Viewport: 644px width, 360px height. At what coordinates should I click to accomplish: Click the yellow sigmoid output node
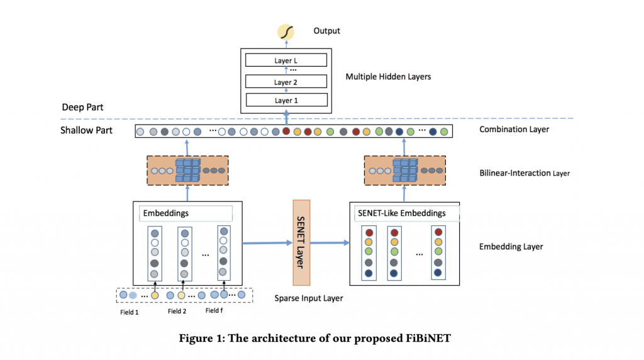[x=286, y=32]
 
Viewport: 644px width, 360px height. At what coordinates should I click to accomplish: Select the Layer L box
[x=286, y=60]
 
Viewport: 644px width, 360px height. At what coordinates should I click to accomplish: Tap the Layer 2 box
[x=286, y=81]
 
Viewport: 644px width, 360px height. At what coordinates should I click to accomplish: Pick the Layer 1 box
[x=287, y=100]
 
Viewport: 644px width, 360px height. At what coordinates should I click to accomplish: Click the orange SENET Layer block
[x=301, y=242]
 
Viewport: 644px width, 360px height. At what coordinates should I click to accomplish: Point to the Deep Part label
[x=82, y=107]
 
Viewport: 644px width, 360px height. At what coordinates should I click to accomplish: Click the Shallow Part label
[x=86, y=130]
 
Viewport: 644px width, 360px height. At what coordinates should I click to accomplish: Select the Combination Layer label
[x=514, y=130]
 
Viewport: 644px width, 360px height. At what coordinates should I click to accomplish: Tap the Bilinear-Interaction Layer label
[x=525, y=173]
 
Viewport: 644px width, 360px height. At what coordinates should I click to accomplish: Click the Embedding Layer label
[x=511, y=247]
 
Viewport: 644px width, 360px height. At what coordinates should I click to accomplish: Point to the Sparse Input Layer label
[x=308, y=298]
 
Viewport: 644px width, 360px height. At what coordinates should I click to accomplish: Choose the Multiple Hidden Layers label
[x=388, y=77]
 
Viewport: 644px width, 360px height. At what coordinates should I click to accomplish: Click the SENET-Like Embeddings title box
[x=406, y=213]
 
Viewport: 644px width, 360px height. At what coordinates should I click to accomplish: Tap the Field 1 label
[x=130, y=312]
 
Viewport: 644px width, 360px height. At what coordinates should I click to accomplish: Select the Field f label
[x=214, y=311]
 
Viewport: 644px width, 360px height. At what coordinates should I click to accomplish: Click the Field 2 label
[x=177, y=312]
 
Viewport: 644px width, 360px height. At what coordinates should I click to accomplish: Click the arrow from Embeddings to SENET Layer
[x=267, y=243]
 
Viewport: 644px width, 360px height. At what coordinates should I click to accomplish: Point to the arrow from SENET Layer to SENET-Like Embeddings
[x=330, y=243]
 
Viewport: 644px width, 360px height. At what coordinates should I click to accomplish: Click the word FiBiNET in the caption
[x=428, y=338]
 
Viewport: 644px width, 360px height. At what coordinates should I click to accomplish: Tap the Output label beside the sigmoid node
[x=326, y=31]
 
